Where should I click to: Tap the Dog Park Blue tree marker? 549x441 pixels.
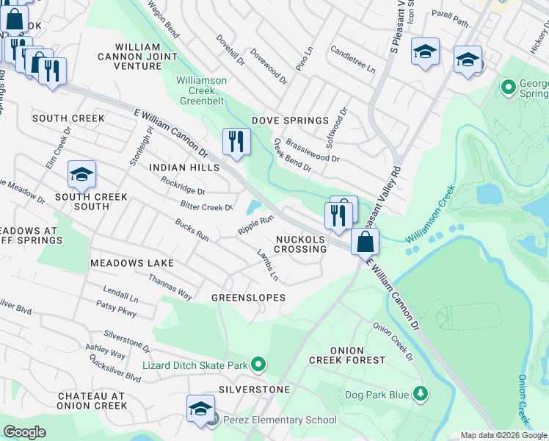click(421, 395)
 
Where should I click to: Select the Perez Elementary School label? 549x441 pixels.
click(279, 420)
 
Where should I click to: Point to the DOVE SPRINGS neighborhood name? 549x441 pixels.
click(290, 121)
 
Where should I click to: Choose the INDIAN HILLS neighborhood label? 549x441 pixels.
click(184, 168)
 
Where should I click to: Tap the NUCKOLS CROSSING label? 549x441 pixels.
click(301, 244)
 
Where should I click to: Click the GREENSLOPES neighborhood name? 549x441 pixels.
click(248, 298)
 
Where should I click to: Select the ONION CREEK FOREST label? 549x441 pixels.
click(346, 355)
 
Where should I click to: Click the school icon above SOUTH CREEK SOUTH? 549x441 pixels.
click(81, 173)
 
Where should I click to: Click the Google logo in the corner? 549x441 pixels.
click(24, 432)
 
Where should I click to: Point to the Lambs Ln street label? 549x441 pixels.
click(267, 266)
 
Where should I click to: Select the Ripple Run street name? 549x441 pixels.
click(255, 225)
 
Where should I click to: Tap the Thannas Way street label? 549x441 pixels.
click(170, 287)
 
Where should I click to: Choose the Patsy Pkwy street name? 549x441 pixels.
click(117, 312)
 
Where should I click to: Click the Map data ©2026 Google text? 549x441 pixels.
click(503, 435)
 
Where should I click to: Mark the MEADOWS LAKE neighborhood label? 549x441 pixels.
click(132, 263)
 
